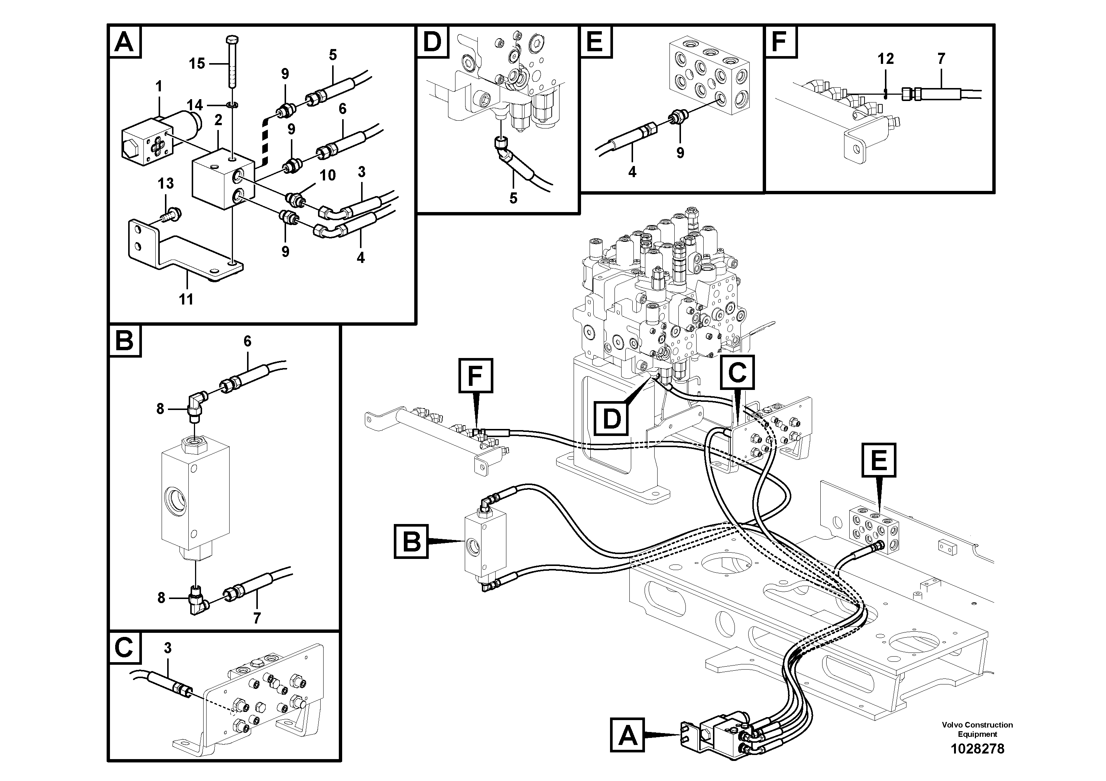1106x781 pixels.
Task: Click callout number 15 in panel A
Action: tap(197, 64)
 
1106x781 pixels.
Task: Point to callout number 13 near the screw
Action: tap(166, 183)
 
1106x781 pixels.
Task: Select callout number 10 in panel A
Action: tap(328, 175)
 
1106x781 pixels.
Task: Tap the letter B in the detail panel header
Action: tap(125, 341)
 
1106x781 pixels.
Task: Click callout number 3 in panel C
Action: tap(168, 648)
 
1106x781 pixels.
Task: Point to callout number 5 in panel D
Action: tap(513, 198)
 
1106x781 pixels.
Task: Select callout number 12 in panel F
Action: tap(885, 59)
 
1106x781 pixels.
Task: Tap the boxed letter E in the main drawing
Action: tap(879, 460)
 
